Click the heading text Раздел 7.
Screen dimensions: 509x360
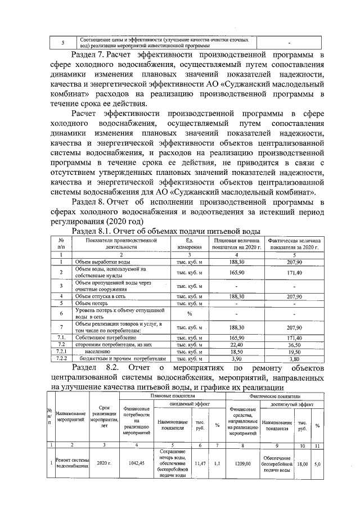tap(89, 55)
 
